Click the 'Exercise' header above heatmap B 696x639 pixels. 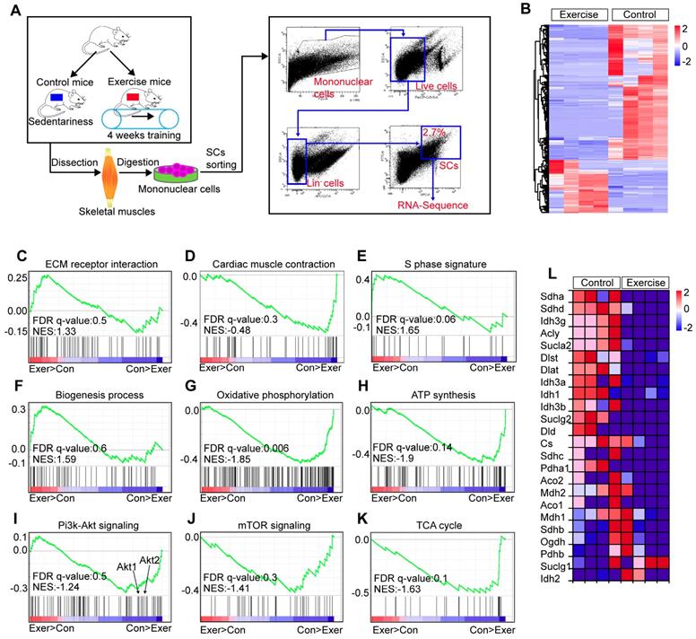577,14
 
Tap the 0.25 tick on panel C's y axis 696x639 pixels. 17,276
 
